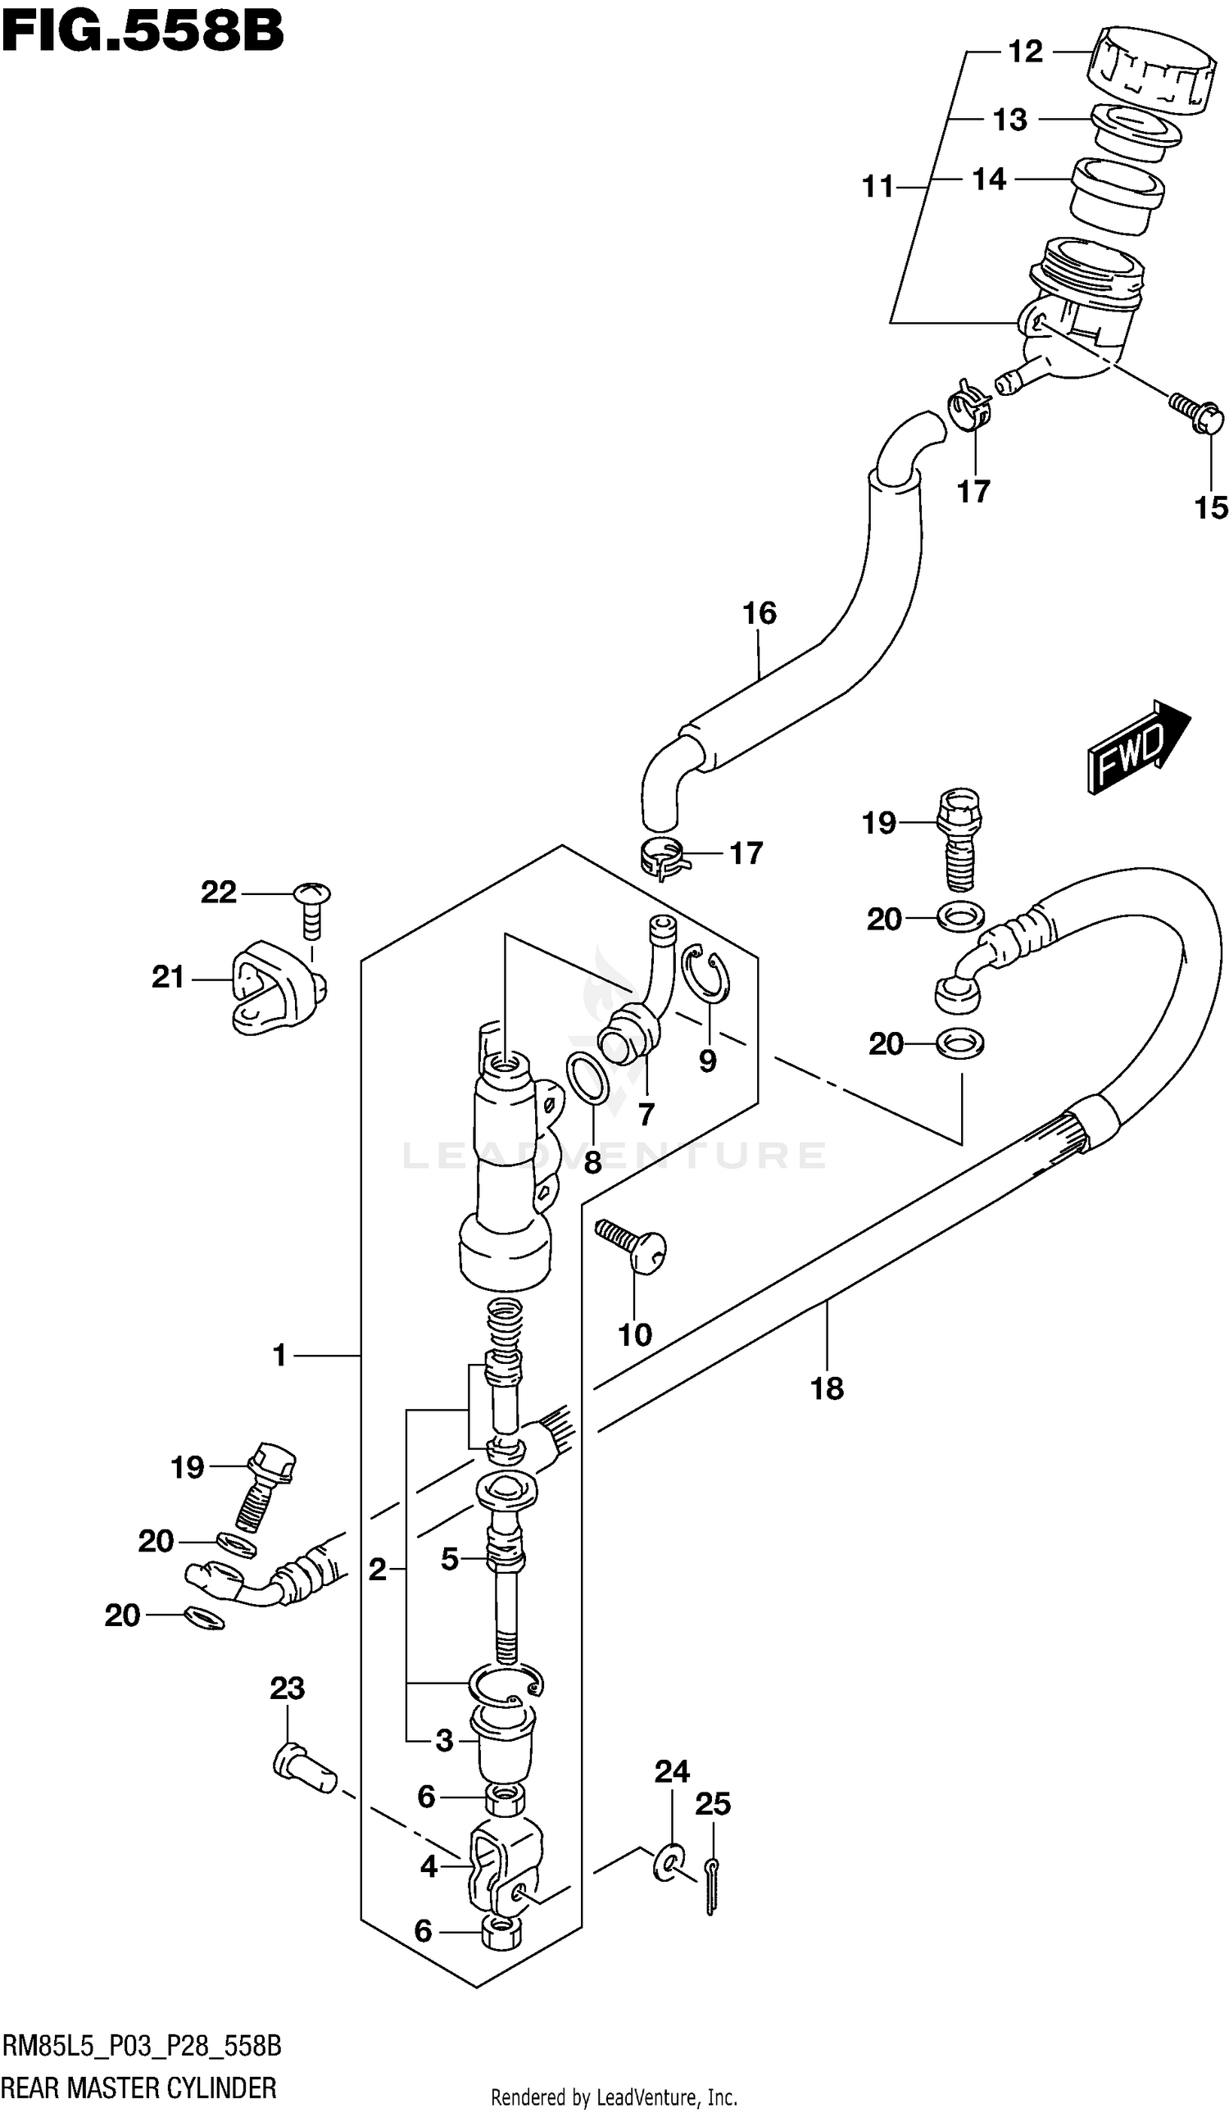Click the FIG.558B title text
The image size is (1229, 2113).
click(143, 32)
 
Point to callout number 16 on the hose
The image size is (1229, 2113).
click(759, 613)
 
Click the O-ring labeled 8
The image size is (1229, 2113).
click(587, 1079)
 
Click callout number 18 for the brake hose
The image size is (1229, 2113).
click(826, 1388)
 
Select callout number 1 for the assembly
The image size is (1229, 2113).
click(279, 1355)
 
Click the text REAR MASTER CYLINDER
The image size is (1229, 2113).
click(139, 2086)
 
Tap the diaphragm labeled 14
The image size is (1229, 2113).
click(1117, 193)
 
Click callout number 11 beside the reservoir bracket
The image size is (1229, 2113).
click(878, 187)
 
